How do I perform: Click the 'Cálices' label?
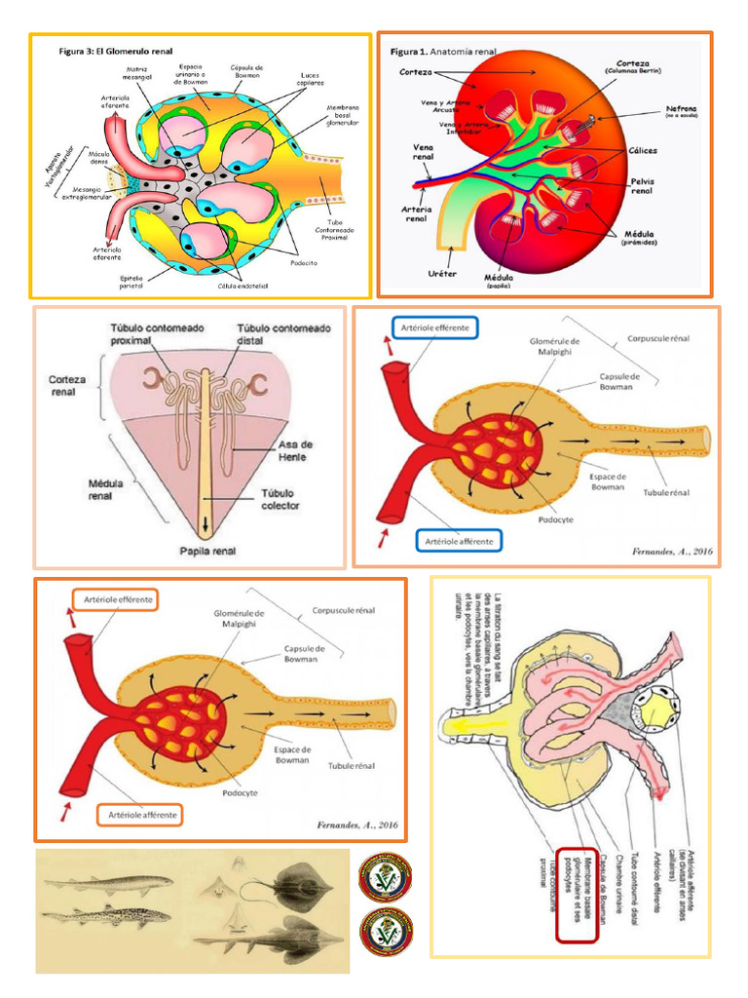coord(642,150)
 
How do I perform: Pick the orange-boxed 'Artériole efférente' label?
coord(118,599)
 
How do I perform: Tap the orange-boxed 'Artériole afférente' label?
coord(139,814)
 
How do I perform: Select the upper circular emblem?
coord(386,876)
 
